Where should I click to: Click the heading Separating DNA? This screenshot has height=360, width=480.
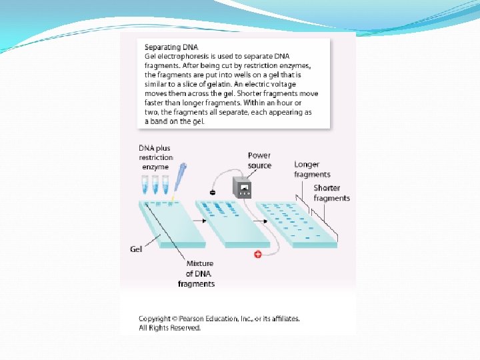tap(171, 47)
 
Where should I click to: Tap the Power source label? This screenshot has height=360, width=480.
tap(259, 161)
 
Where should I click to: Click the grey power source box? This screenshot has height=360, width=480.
tap(242, 187)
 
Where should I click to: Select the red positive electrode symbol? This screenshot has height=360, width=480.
tap(258, 254)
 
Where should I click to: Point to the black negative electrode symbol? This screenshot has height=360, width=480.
tap(213, 193)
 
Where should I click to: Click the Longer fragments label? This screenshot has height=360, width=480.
tap(312, 169)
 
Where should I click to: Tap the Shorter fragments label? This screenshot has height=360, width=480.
tap(331, 193)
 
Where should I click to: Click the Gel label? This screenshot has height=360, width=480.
tap(136, 249)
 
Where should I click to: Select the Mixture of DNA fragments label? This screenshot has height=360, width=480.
tap(197, 274)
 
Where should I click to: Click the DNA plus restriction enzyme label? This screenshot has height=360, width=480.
tap(156, 157)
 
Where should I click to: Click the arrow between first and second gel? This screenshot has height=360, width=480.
tap(200, 221)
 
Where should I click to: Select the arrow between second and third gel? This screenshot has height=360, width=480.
tap(261, 221)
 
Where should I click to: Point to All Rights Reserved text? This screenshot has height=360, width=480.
tap(170, 328)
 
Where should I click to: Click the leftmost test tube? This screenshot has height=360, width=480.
tap(145, 185)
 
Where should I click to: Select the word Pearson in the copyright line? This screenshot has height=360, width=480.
tap(191, 319)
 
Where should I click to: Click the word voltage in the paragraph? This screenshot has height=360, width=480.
tap(283, 84)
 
